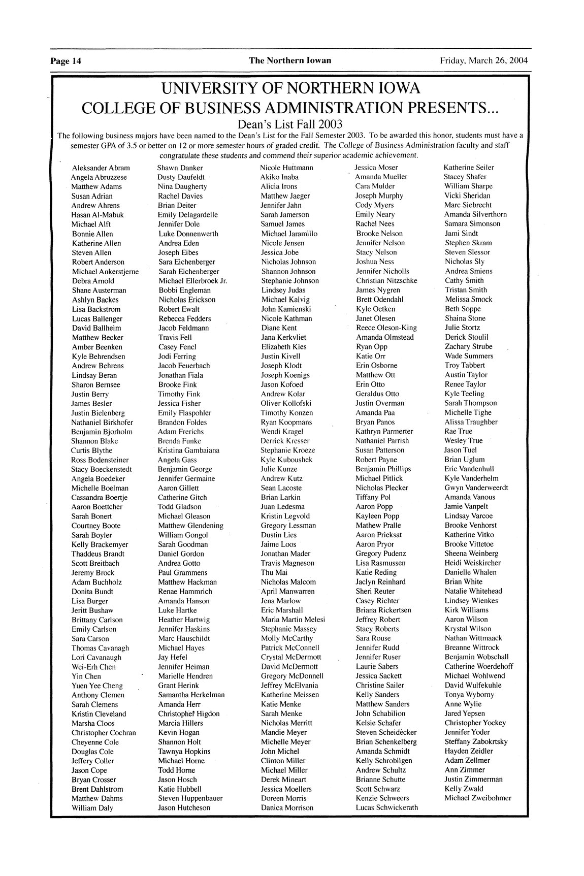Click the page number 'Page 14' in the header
coord(66,61)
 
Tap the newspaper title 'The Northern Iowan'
coord(289,60)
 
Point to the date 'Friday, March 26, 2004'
coord(483,60)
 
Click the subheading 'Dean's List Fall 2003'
coord(289,124)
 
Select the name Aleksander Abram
coord(101,168)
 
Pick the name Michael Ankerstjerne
coord(105,272)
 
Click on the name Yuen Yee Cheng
coord(97,686)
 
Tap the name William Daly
coord(92,808)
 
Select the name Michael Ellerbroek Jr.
coord(192,281)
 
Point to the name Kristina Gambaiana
coord(188,450)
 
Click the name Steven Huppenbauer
coord(190,798)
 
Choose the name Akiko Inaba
coord(279,177)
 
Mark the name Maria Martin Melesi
coord(293,620)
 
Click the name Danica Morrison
coord(287,807)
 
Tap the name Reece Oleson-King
coord(386,328)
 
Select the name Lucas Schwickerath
coord(386,807)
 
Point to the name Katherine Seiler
coord(468,168)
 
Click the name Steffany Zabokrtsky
coord(475,741)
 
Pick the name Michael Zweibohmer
coord(477,798)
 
